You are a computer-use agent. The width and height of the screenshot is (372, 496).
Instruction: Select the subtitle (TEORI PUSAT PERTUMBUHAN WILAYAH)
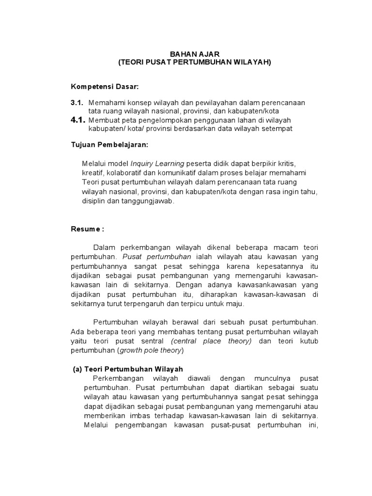(x=195, y=62)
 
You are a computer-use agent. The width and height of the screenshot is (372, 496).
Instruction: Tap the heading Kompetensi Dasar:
(x=105, y=86)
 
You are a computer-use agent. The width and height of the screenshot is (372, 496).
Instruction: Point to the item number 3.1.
(x=77, y=103)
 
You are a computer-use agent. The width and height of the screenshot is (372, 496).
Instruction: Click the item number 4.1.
(x=78, y=120)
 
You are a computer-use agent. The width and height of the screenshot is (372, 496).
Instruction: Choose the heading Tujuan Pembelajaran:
(x=109, y=145)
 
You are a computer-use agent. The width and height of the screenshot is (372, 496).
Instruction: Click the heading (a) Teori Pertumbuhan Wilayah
(x=128, y=369)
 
